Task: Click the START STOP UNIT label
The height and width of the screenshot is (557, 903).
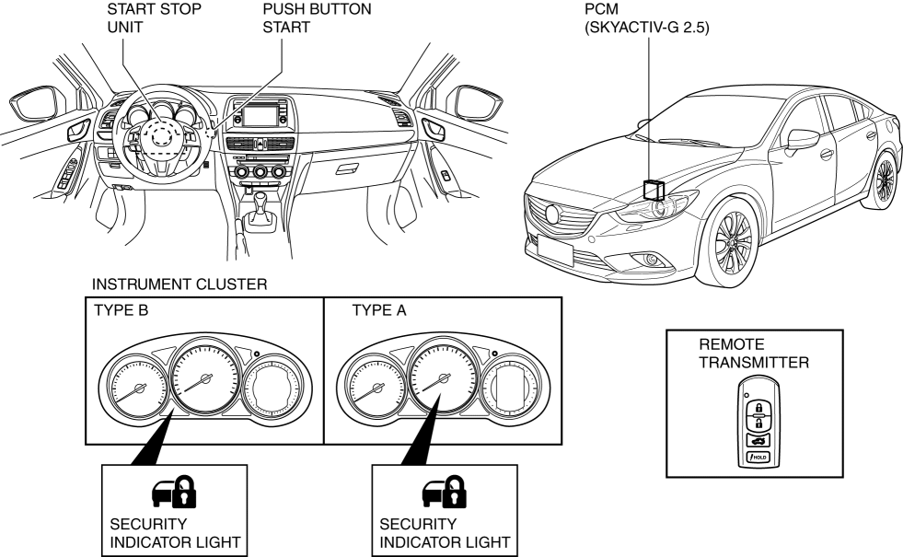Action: click(x=154, y=17)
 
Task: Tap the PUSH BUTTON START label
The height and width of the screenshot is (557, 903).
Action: click(x=317, y=17)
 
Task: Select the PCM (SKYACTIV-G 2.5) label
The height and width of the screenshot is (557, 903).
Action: click(x=647, y=17)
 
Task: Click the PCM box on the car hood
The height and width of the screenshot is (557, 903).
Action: click(x=654, y=190)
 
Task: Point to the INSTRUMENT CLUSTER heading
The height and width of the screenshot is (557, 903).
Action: click(x=179, y=284)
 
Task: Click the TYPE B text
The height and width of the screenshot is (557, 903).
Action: click(x=121, y=310)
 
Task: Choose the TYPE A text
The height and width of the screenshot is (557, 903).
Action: click(x=379, y=310)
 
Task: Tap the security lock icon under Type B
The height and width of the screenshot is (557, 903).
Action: click(x=174, y=492)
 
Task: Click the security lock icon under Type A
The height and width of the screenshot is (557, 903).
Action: click(x=445, y=492)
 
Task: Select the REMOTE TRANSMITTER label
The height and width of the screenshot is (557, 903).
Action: click(x=754, y=354)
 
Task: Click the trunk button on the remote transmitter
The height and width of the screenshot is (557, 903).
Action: click(x=758, y=441)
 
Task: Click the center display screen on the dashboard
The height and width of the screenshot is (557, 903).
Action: click(x=260, y=116)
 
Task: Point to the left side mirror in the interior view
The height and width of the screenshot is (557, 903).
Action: click(x=35, y=103)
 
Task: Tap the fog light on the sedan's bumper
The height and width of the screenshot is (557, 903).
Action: click(x=652, y=260)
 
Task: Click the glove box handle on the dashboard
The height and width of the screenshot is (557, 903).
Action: click(x=347, y=169)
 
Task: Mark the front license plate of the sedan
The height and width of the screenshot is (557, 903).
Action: click(x=555, y=250)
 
